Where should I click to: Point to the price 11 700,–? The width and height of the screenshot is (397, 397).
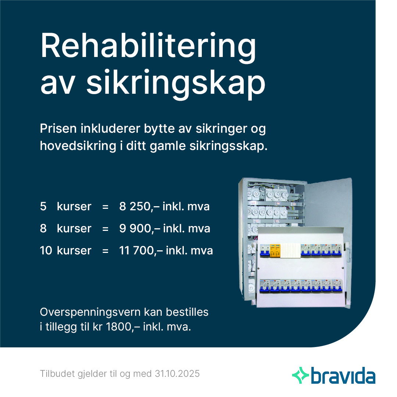141,251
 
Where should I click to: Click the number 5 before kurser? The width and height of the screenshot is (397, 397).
43,206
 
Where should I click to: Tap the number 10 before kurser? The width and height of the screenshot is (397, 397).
46,251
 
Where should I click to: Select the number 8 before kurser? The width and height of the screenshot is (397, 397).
43,228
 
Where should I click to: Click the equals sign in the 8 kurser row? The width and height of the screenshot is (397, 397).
105,229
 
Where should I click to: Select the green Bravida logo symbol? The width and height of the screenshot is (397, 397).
301,375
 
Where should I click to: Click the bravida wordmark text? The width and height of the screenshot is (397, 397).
343,375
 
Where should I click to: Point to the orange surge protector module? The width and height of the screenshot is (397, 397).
276,250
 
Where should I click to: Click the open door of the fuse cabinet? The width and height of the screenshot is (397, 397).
329,203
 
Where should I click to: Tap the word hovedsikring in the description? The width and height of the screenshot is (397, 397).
78,146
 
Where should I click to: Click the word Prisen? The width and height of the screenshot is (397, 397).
58,129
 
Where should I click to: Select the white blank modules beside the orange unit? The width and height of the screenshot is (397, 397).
291,251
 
